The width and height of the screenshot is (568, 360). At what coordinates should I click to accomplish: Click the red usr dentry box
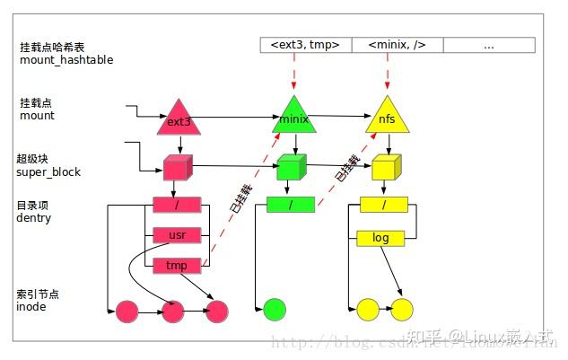click(x=177, y=235)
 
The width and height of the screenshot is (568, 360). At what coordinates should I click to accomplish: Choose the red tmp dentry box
click(x=177, y=266)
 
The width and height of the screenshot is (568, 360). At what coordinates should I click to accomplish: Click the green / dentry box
click(x=291, y=206)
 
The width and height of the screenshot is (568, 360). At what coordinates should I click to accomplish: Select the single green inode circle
click(x=274, y=311)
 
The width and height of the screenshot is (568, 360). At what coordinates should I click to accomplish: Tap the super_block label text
click(x=48, y=171)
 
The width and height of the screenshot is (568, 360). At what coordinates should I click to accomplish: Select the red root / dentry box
click(x=177, y=205)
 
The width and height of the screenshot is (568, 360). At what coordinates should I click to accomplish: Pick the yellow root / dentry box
click(x=383, y=206)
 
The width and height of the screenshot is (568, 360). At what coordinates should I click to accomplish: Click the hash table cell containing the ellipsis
click(x=489, y=44)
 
